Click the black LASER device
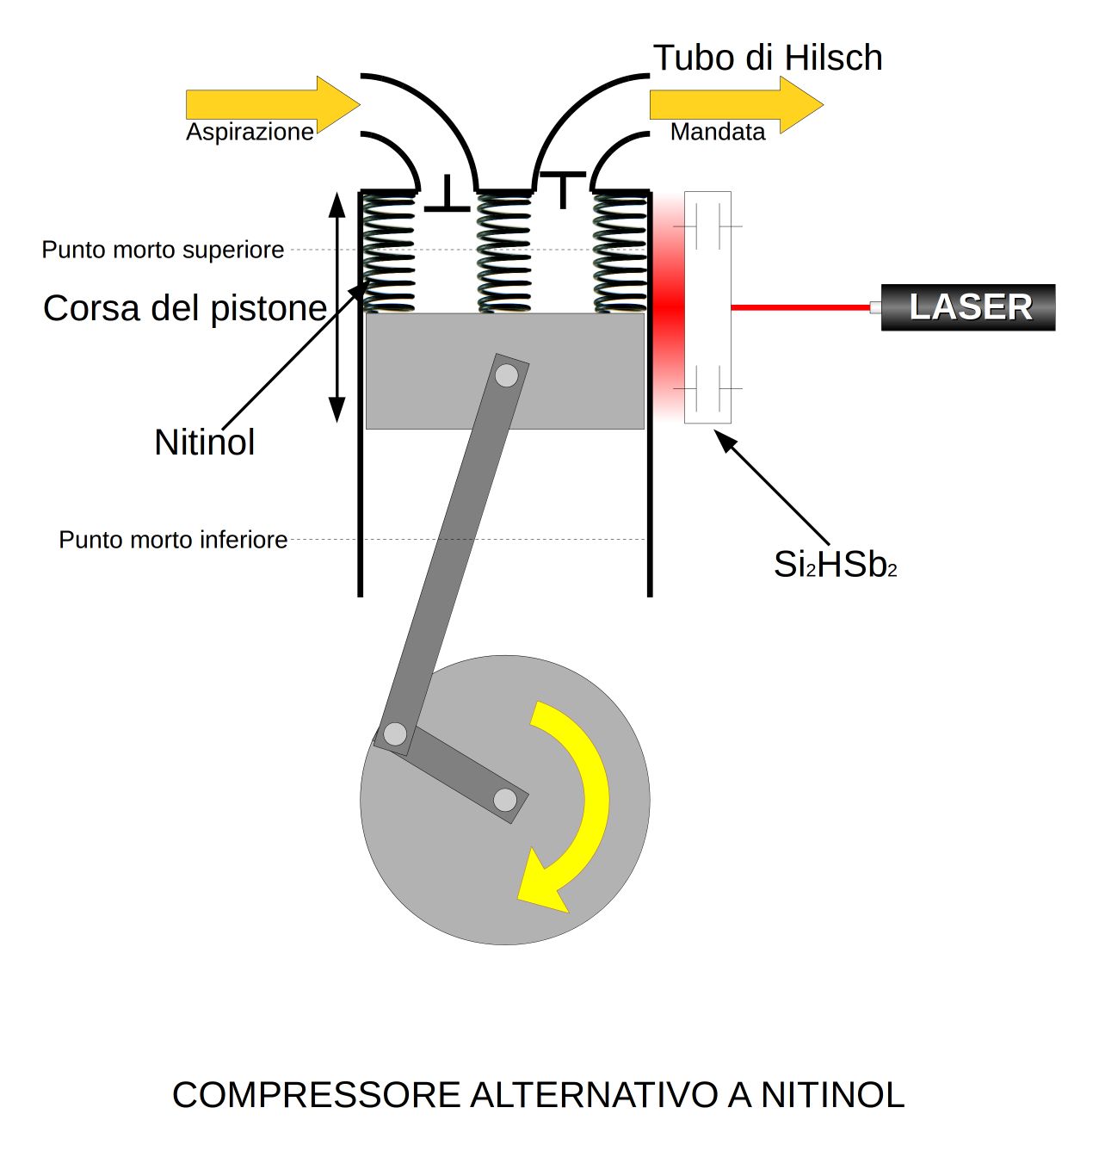pos(968,307)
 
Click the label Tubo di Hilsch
pos(768,58)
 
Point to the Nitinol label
pos(205,442)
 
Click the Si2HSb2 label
pos(835,565)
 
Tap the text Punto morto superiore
pos(163,250)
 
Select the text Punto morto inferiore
pos(173,540)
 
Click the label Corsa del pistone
pos(185,308)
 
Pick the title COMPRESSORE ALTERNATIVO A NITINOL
pos(538,1095)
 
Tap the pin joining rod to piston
pos(507,375)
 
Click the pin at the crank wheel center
pos(505,800)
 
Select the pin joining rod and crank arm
pos(395,734)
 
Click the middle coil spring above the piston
pos(504,252)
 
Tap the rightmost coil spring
pos(620,252)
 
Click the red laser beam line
pos(800,307)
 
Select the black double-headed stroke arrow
pos(337,307)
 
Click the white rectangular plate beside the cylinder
pos(707,307)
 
